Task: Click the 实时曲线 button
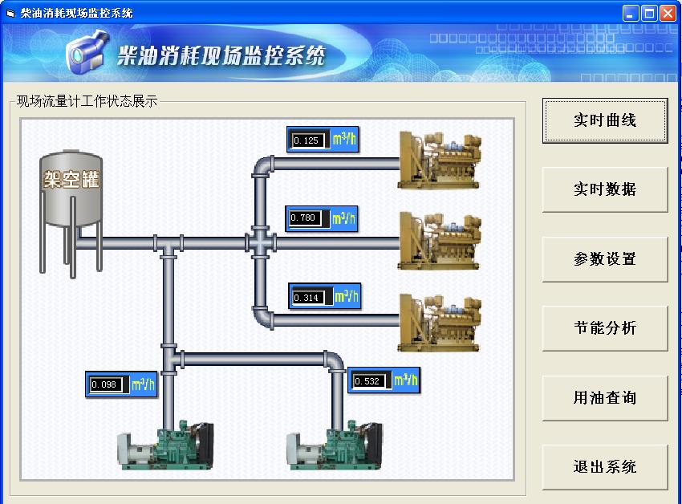point(605,120)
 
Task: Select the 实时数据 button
point(605,189)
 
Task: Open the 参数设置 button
point(605,259)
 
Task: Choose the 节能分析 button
point(605,328)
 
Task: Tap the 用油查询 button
point(605,397)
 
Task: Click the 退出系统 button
point(605,467)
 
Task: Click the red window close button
point(668,13)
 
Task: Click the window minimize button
point(632,13)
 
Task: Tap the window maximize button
point(650,13)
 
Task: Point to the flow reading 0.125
point(307,140)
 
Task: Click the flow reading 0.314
point(308,297)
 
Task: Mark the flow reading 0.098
point(106,384)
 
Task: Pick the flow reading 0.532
point(368,380)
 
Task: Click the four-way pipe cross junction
point(261,242)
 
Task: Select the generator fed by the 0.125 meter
point(440,161)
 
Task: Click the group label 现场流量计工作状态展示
point(87,102)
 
